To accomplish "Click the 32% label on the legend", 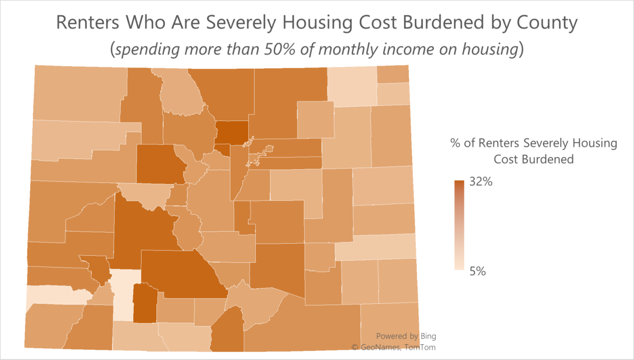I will (x=481, y=183).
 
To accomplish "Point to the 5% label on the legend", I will (x=478, y=271).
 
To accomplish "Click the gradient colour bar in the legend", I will (x=459, y=225).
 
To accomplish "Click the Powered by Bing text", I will (x=406, y=336).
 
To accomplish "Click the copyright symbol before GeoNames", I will (x=356, y=347).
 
